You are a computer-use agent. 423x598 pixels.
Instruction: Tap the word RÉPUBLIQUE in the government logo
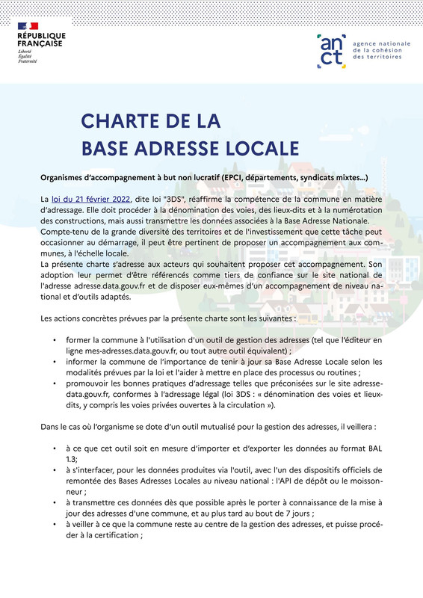coord(42,36)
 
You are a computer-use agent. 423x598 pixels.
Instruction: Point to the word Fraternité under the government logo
coord(28,60)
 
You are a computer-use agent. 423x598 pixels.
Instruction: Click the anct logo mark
coord(330,48)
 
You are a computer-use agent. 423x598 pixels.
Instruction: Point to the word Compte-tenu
coord(64,231)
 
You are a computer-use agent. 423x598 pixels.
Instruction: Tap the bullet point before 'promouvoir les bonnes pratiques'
coord(55,383)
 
